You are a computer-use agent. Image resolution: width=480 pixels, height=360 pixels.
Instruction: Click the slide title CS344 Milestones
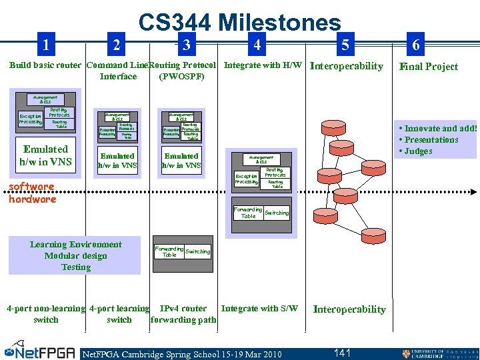239,23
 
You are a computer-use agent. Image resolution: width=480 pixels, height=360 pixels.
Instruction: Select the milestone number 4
255,45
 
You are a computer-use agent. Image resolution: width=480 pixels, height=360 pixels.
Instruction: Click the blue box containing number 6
416,45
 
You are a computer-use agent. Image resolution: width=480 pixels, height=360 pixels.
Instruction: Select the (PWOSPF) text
181,76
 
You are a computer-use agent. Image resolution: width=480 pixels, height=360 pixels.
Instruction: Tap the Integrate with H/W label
263,65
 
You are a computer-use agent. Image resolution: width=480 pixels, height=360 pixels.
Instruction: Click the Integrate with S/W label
259,308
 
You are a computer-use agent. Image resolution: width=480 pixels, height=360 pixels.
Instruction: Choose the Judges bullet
416,151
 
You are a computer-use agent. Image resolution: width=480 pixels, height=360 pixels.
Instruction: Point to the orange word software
31,187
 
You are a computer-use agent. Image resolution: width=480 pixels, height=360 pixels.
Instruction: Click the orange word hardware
33,199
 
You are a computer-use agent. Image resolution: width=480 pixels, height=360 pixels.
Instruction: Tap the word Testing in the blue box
76,267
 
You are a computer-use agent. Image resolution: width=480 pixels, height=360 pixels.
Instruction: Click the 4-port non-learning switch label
45,314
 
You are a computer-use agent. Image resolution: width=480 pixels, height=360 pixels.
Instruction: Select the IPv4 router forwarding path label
183,314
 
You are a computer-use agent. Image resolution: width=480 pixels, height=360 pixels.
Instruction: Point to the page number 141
343,353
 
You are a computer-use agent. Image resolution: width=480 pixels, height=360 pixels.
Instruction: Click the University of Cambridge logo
439,353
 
